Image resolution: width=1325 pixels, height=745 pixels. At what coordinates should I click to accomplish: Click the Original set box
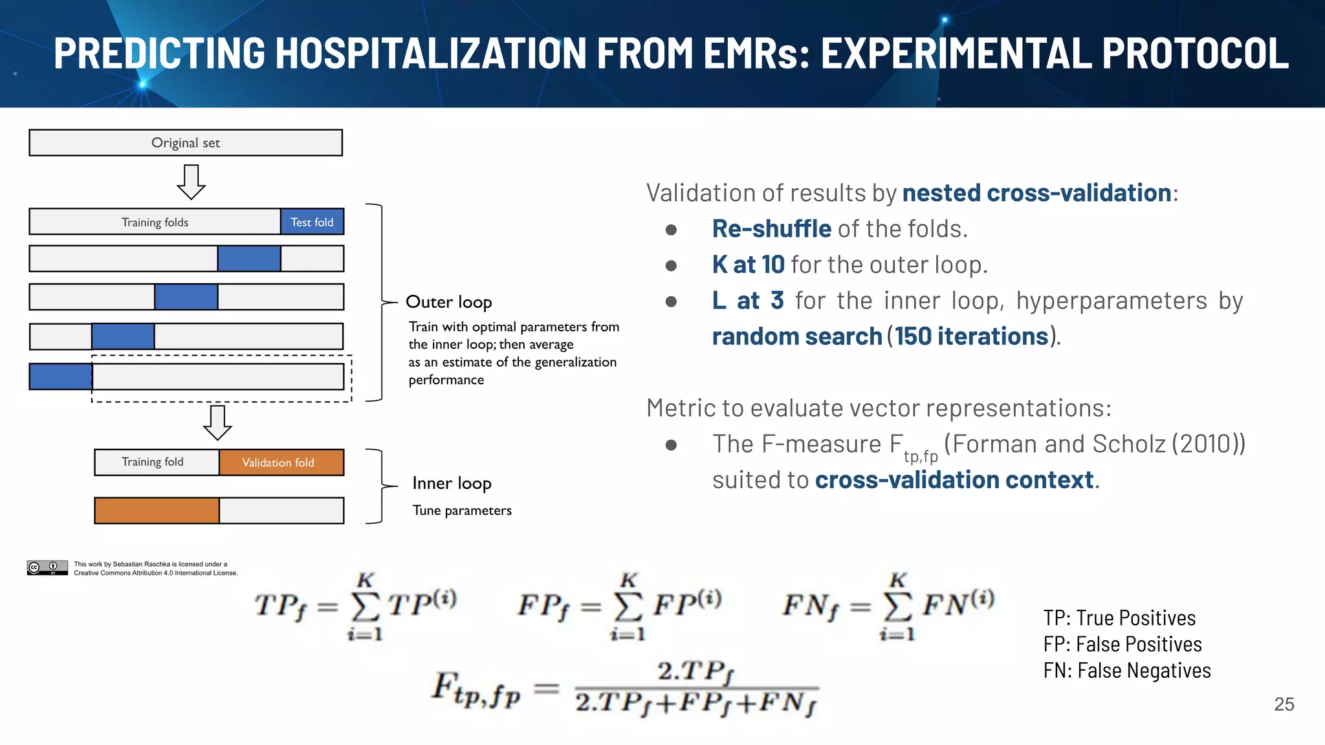(x=186, y=143)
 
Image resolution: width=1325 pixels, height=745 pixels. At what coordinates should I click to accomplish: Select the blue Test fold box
(x=312, y=222)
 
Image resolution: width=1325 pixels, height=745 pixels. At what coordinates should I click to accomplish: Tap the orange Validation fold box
(x=281, y=462)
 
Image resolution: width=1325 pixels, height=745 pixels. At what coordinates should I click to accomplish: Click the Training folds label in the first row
(x=155, y=222)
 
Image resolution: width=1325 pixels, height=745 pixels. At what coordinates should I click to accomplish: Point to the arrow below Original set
(x=191, y=182)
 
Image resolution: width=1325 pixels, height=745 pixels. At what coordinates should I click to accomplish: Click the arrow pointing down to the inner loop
(x=217, y=423)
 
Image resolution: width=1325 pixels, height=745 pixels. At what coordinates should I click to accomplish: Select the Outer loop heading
(x=448, y=302)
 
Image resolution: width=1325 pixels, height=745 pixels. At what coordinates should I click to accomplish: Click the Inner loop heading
(x=452, y=483)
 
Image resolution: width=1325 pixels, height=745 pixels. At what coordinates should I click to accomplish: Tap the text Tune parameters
(x=462, y=510)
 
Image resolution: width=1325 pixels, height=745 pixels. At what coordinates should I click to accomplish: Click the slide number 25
(x=1284, y=704)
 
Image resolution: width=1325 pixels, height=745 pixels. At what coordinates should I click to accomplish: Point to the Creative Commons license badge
(x=47, y=568)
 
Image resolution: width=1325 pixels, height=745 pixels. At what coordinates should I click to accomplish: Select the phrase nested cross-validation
(x=1036, y=193)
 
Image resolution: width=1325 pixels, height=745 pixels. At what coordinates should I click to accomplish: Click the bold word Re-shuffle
(x=771, y=229)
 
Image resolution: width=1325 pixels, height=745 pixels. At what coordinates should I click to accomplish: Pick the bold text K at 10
(x=748, y=265)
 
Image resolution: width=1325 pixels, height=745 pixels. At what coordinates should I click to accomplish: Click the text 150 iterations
(x=971, y=336)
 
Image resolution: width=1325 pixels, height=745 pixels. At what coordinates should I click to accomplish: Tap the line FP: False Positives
(x=1122, y=644)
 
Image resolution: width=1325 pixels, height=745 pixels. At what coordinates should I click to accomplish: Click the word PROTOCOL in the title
(x=1195, y=53)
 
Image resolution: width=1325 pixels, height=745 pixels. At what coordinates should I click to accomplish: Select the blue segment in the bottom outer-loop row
(x=61, y=376)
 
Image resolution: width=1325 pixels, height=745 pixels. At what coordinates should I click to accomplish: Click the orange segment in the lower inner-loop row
(x=157, y=510)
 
